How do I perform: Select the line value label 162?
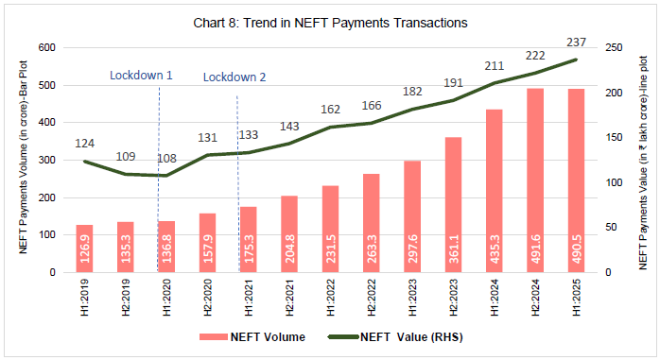coord(331,110)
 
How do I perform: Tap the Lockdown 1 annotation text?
coord(141,75)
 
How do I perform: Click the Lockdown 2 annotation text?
coord(234,77)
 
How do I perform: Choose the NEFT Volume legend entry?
coord(253,335)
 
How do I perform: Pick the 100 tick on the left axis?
coord(47,234)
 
